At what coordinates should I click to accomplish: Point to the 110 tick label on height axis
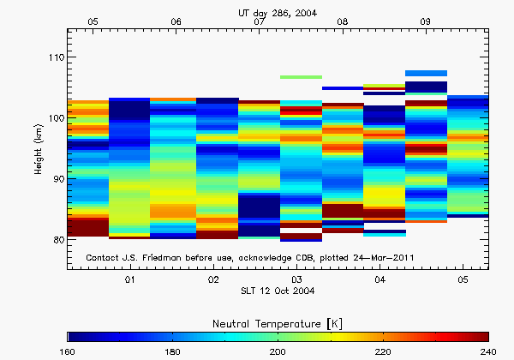[x=53, y=57]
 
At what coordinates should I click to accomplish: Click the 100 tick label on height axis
[x=53, y=118]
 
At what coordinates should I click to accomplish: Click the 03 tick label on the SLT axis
[x=296, y=280]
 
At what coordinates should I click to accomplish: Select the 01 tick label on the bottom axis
[x=130, y=280]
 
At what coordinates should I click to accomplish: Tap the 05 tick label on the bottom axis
[x=463, y=280]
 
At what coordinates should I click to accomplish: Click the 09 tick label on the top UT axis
[x=426, y=21]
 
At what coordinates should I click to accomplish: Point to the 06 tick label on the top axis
[x=176, y=21]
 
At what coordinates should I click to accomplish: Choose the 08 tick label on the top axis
[x=343, y=21]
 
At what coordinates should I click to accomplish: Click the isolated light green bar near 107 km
[x=301, y=77]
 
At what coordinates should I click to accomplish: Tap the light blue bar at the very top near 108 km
[x=426, y=73]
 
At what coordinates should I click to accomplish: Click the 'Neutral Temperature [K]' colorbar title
[x=278, y=321]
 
